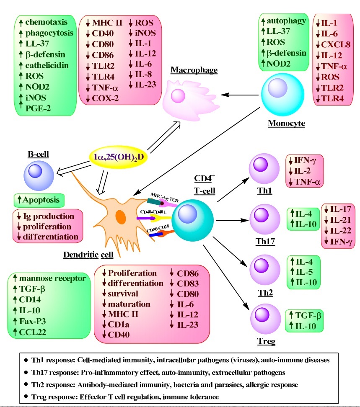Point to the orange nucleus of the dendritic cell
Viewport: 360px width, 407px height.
[x=121, y=218]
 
